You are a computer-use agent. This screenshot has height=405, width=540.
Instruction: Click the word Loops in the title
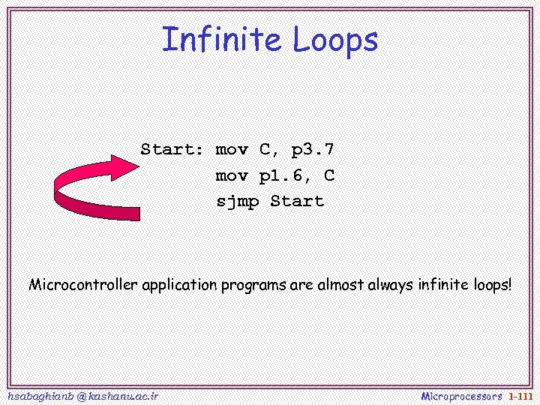coord(335,40)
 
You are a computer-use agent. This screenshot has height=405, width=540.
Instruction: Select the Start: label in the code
coord(172,149)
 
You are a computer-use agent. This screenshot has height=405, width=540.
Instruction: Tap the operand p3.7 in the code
coord(313,149)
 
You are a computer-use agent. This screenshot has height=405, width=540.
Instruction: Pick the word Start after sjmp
coord(297,201)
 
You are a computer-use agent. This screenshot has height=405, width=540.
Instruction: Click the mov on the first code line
coord(232,149)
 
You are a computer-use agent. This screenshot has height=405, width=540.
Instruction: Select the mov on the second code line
coord(232,176)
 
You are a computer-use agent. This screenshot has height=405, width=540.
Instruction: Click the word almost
coord(340,285)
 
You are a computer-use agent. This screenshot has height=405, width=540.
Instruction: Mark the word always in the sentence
coord(391,286)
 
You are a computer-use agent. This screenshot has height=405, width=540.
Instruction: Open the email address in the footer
coord(82,395)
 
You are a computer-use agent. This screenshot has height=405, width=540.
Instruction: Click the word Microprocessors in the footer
coord(461,395)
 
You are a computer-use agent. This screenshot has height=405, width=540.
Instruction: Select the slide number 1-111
coord(520,395)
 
